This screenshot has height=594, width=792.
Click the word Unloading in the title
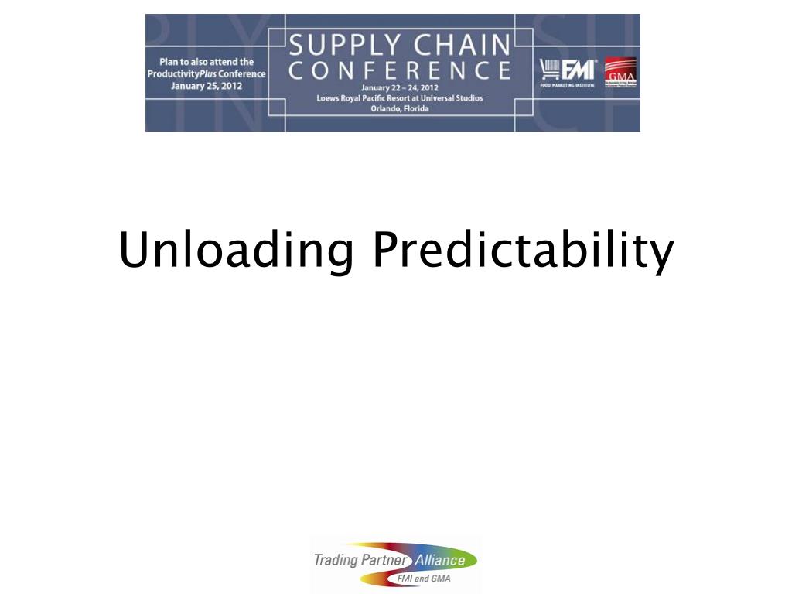[237, 251]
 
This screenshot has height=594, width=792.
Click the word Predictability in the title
[523, 251]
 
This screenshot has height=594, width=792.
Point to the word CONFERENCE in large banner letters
[400, 71]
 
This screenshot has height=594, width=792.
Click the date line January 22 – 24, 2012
[400, 88]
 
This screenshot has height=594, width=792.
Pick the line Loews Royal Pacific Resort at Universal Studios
[400, 98]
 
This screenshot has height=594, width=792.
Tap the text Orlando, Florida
[400, 108]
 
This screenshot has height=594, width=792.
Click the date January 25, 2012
[207, 86]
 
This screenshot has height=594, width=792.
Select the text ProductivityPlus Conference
[207, 74]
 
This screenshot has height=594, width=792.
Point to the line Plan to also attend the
[207, 62]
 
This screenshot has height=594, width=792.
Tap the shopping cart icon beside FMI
[549, 70]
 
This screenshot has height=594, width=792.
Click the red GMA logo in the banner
[620, 72]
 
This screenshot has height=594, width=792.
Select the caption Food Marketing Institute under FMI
[568, 84]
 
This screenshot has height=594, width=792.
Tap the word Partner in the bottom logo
[386, 559]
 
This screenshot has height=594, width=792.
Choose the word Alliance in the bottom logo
[440, 560]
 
